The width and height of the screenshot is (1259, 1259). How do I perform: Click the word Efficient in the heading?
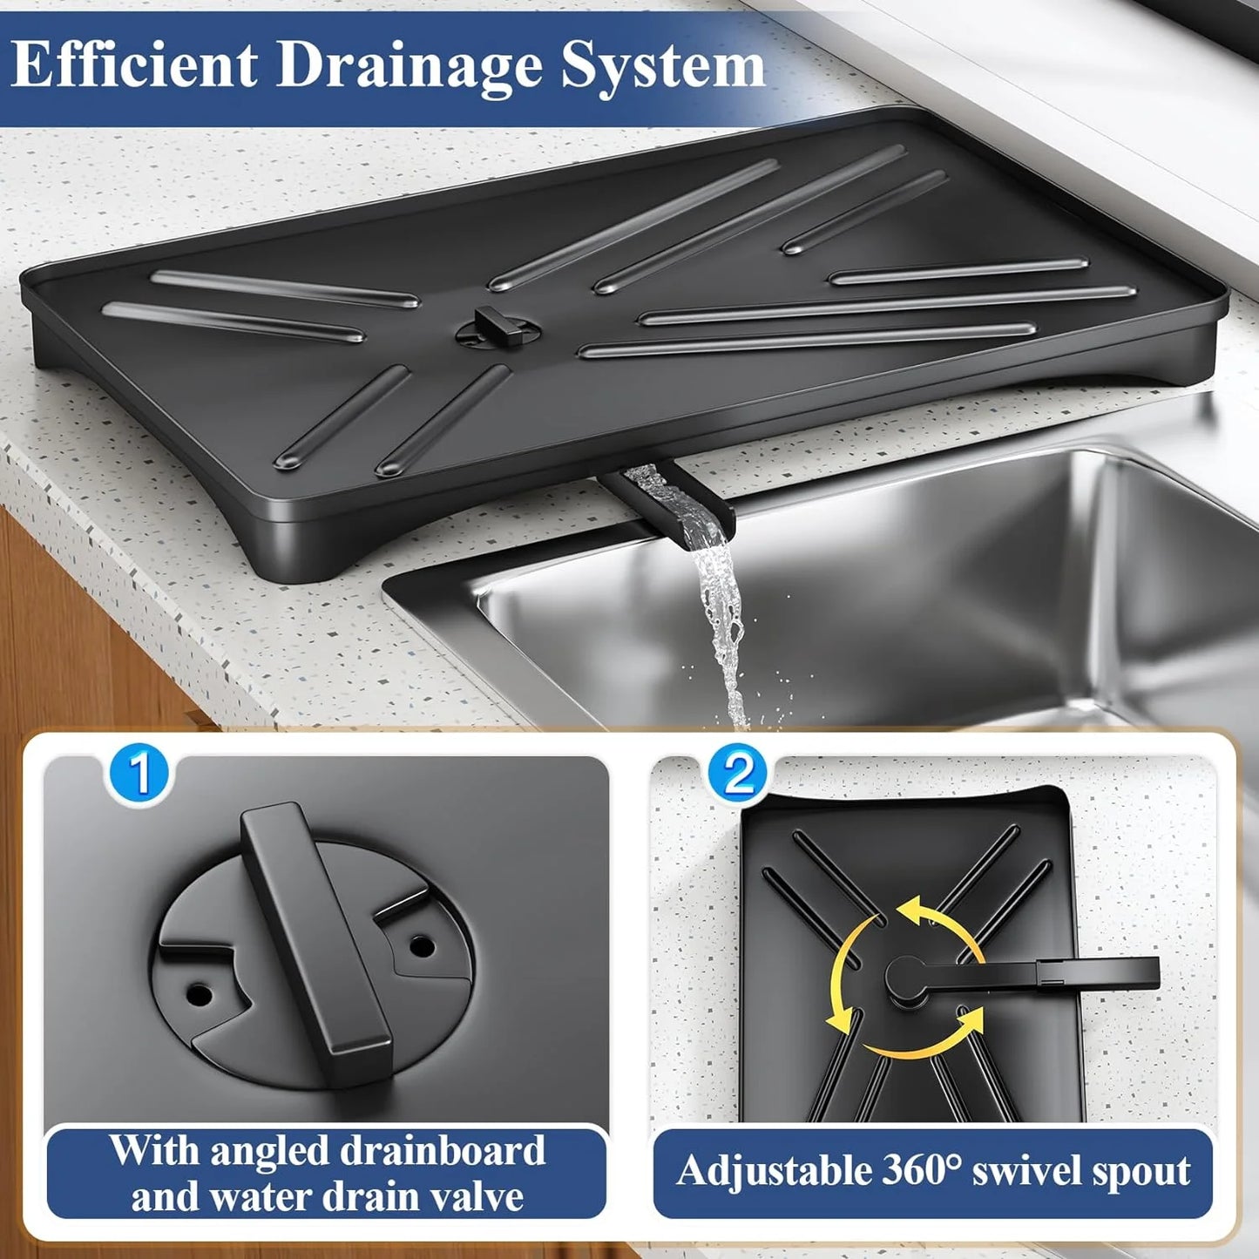click(x=135, y=65)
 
